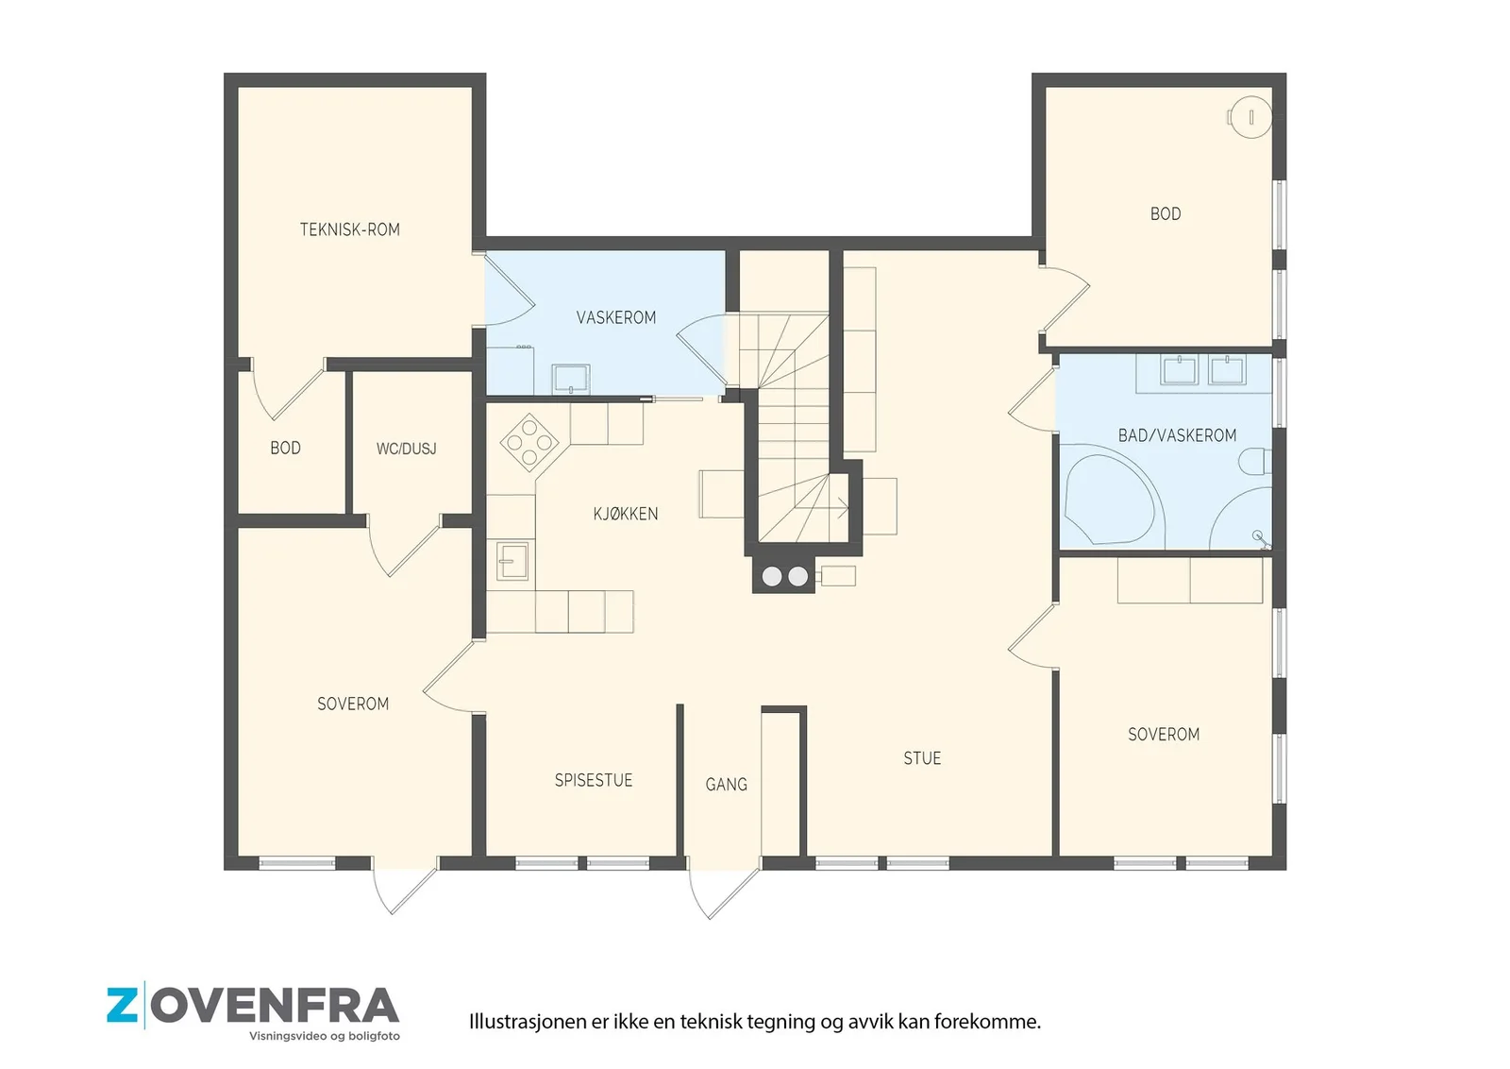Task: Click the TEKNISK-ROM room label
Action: point(350,230)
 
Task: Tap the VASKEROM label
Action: point(616,317)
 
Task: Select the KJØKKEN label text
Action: point(626,514)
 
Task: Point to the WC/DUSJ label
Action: point(407,449)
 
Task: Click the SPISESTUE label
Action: point(594,780)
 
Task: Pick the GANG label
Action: point(726,785)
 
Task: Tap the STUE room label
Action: point(922,758)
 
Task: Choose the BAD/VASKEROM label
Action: point(1177,435)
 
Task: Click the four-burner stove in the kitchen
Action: point(529,443)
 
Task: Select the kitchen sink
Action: point(512,561)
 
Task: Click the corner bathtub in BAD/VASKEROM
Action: point(1113,500)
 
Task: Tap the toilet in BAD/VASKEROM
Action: point(1255,462)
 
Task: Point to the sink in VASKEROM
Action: point(571,379)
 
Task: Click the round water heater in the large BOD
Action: point(1250,117)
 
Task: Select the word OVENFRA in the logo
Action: point(275,1007)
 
